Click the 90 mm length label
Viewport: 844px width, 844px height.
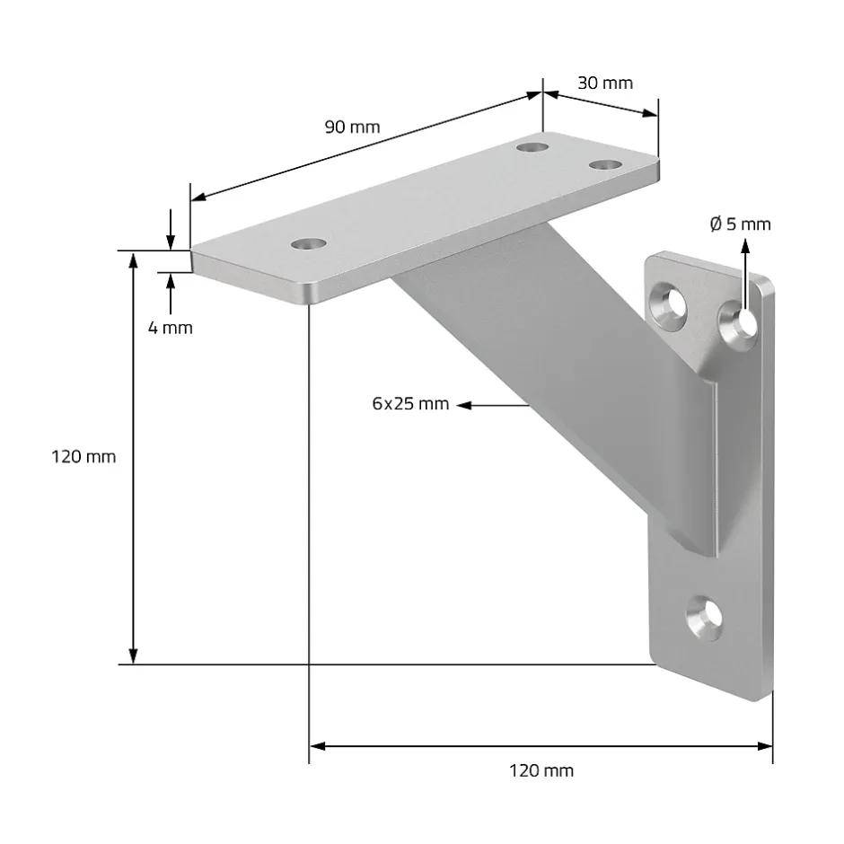tap(352, 127)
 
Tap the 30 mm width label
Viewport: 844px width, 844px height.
tap(604, 84)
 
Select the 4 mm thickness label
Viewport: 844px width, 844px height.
tap(171, 328)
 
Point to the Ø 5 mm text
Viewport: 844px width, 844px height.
tap(740, 224)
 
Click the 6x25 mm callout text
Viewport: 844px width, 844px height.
tap(410, 404)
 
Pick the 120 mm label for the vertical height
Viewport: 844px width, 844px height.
tap(84, 457)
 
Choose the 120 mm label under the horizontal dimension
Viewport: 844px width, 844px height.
tap(541, 770)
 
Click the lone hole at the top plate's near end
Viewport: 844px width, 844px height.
tap(309, 243)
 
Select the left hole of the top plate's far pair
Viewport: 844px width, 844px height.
tap(534, 144)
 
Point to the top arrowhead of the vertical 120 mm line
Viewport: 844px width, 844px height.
tap(134, 260)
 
